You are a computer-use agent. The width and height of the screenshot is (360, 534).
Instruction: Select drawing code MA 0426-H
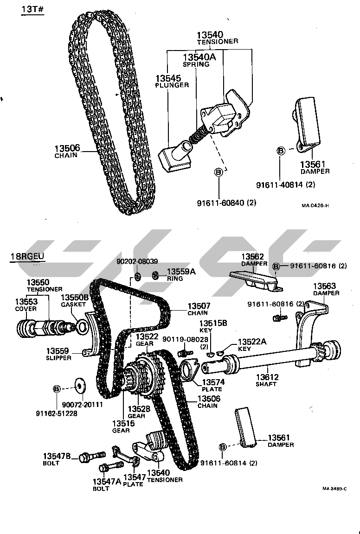click(315, 206)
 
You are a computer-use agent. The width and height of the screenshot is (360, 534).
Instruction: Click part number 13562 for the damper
click(252, 256)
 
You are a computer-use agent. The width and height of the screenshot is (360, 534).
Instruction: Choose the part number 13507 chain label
click(199, 306)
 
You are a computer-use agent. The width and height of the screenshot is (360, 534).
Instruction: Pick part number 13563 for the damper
click(324, 286)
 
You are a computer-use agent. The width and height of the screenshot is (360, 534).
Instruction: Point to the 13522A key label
click(252, 342)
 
